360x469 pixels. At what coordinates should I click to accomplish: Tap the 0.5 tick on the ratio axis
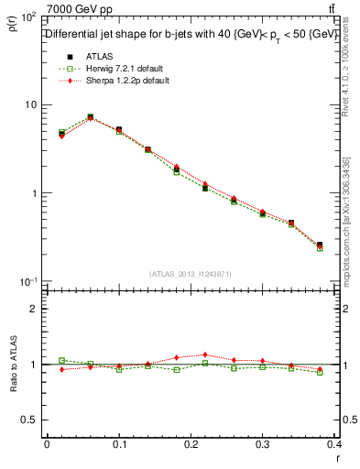point(29,420)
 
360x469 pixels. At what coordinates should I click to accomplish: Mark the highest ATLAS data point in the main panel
point(90,117)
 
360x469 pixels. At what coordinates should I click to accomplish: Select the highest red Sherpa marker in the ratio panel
point(205,354)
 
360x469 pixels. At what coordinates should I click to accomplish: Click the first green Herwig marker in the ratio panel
point(61,360)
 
